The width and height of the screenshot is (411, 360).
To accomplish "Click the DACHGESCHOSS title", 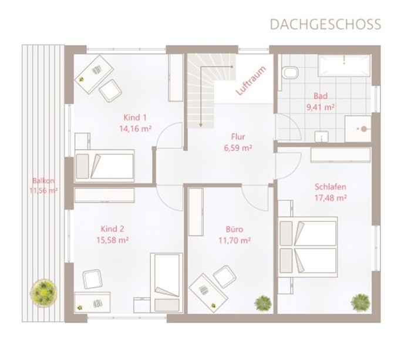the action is pos(325,24).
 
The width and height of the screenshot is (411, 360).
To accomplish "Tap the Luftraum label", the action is pos(251,81).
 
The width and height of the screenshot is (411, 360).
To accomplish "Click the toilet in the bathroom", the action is pos(289,72).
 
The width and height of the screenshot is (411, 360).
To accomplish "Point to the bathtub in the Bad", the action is pos(344,66).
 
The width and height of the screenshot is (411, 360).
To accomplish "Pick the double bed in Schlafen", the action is pos(308,247).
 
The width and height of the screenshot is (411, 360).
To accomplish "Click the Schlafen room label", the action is pos(330,187).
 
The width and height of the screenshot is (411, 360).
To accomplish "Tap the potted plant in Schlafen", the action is pos(361,302).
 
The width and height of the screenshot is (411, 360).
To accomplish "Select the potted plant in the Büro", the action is pos(263,304).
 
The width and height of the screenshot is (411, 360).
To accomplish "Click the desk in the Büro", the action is pos(208,292).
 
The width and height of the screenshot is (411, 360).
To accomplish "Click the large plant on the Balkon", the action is pos(43,291).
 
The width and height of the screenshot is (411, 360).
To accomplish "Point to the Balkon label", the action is pos(43,181).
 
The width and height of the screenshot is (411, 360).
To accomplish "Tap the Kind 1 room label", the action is pos(135,117).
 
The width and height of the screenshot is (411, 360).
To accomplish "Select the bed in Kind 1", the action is pos(105,166).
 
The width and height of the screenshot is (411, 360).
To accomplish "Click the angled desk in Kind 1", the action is pos(94,74).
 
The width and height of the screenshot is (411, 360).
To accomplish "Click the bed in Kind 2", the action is pos(166,283).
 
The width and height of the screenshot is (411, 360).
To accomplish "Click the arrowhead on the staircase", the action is pos(201,125).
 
